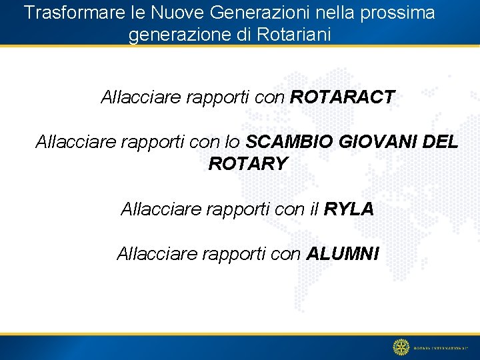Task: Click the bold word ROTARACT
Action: coord(343,98)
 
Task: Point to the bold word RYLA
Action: coord(349,209)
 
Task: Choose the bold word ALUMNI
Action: coord(343,254)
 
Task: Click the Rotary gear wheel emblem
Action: coord(401,347)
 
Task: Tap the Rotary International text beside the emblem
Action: coord(443,347)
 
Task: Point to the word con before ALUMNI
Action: coord(286,254)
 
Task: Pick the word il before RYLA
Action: coord(315,209)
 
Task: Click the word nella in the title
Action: coord(337,13)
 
